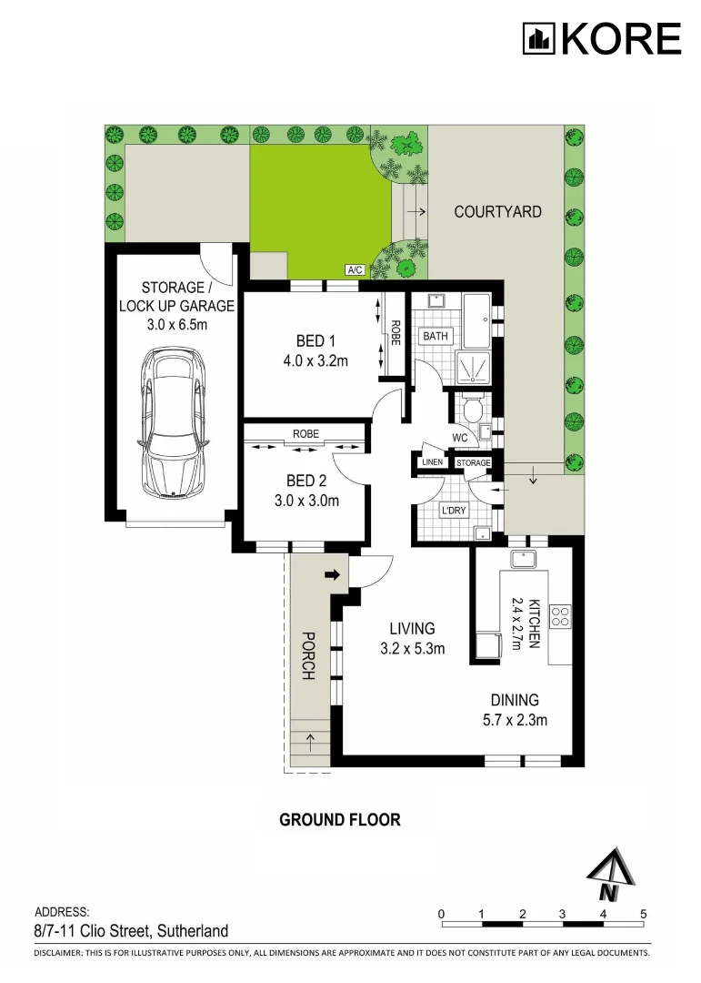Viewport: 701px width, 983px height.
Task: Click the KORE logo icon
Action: pos(538,39)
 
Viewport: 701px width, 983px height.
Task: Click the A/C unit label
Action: pos(356,270)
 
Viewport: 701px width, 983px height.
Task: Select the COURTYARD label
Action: pos(497,212)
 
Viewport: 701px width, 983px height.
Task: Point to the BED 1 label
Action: pos(311,341)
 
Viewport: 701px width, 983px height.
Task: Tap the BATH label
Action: pos(434,337)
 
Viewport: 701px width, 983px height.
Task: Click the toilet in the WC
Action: pos(471,412)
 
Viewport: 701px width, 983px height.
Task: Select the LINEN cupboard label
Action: pos(433,463)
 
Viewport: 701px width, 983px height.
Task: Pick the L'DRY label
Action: pos(452,511)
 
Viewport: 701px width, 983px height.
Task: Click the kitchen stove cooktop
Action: pos(561,616)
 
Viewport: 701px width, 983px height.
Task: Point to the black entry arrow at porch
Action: pos(333,574)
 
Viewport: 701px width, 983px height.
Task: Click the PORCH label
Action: pos(308,656)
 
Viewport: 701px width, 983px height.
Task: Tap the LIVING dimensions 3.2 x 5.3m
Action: pos(412,649)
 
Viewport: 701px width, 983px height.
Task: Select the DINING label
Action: pos(515,700)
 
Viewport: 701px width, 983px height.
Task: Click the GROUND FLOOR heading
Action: pos(339,819)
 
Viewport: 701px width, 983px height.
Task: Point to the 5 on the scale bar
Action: pos(644,913)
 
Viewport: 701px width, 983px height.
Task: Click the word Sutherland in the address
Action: pos(193,930)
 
